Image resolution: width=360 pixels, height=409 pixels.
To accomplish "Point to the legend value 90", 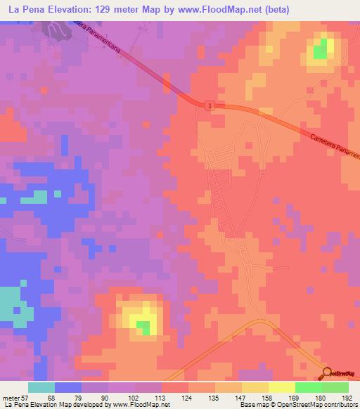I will [105, 398].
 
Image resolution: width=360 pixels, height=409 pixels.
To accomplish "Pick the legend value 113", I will [160, 398].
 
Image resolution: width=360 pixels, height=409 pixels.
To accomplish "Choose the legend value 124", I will [187, 398].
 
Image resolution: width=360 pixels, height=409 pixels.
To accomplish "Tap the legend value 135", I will [214, 398].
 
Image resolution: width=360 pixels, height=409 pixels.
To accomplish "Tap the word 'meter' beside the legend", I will [11, 398].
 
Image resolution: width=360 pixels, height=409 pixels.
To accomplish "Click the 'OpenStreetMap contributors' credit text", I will [314, 405].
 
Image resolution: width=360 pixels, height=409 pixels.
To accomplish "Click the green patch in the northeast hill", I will [321, 50].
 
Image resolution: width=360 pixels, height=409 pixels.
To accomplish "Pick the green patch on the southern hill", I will [143, 327].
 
